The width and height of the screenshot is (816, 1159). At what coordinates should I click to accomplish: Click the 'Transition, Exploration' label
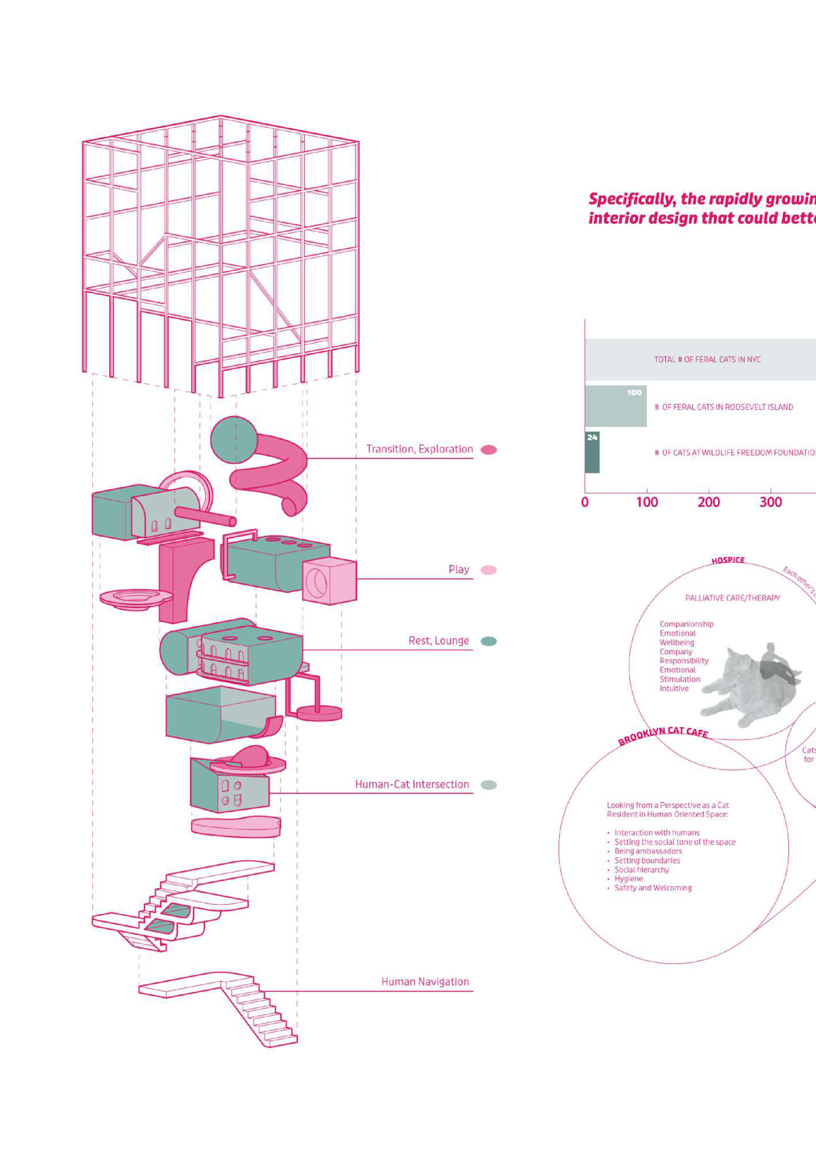tap(419, 449)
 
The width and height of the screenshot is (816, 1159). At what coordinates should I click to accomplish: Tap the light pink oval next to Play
tap(489, 570)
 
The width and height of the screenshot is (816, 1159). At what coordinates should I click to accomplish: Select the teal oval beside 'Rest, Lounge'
tap(489, 641)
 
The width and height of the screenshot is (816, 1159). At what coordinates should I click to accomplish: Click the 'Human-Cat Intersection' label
tap(412, 785)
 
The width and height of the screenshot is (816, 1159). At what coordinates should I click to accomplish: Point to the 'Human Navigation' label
tap(425, 982)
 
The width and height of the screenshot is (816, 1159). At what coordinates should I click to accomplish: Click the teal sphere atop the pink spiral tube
tap(234, 439)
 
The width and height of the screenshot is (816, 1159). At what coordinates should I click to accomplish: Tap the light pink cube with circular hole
tap(329, 582)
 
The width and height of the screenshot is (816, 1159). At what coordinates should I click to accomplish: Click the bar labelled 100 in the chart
tap(615, 406)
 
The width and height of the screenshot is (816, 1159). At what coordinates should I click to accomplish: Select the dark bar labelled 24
tap(592, 453)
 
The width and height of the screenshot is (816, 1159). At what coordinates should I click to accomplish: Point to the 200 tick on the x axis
tap(709, 502)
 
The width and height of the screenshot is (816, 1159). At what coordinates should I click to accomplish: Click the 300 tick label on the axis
tap(770, 502)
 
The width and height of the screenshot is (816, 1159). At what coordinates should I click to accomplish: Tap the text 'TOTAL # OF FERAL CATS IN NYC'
tap(707, 359)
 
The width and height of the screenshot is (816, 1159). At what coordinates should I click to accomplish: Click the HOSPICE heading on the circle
tap(728, 561)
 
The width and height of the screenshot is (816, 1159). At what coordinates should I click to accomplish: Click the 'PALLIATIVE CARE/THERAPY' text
tap(733, 598)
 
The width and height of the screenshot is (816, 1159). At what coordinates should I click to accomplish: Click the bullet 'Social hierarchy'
tap(642, 870)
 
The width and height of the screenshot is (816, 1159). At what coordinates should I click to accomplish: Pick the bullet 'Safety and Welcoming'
tap(653, 888)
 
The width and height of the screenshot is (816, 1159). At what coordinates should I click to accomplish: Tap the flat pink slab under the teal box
tap(235, 826)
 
